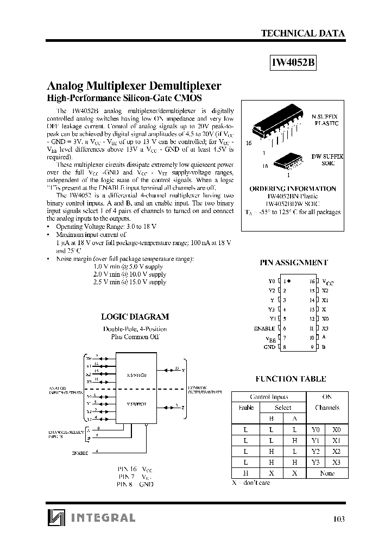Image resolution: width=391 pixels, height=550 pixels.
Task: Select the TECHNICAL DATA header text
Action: (x=303, y=33)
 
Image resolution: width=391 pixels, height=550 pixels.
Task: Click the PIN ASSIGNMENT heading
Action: (x=293, y=262)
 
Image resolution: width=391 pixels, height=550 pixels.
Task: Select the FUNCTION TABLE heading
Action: (x=291, y=379)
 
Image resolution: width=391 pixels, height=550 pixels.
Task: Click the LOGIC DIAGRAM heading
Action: (x=135, y=316)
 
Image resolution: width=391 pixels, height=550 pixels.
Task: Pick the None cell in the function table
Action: (x=327, y=473)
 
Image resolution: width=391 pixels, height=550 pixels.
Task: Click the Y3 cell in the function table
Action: (x=316, y=462)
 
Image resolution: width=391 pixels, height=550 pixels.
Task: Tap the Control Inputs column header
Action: (x=269, y=397)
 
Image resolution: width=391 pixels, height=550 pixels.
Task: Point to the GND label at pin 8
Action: (x=269, y=347)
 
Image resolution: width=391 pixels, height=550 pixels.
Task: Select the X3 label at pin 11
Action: (x=325, y=328)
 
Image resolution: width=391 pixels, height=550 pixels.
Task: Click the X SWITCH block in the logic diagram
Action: (x=133, y=374)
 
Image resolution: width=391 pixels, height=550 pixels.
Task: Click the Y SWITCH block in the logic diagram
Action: (x=133, y=404)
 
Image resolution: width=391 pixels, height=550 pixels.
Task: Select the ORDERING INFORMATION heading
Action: (x=293, y=189)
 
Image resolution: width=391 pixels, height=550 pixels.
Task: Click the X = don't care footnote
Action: (x=251, y=483)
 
